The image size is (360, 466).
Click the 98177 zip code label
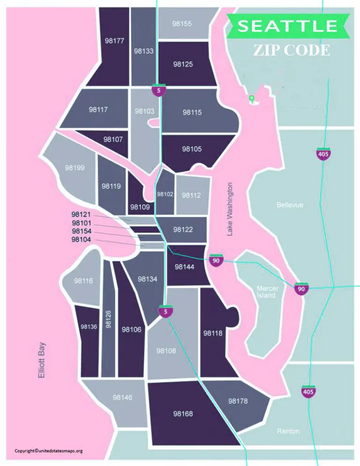click(114, 41)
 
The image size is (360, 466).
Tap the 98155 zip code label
click(181, 23)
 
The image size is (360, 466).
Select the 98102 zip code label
click(165, 194)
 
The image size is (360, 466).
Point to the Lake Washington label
click(230, 209)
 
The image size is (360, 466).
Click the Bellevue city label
click(290, 205)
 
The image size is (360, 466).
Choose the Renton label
click(288, 431)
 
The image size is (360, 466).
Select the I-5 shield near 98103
click(159, 90)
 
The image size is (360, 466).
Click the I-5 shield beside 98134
click(165, 311)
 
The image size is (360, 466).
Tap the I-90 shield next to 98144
click(216, 261)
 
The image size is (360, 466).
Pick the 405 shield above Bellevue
click(322, 154)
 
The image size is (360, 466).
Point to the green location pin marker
click(252, 98)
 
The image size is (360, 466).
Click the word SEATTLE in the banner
click(287, 26)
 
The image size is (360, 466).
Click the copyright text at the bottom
click(49, 451)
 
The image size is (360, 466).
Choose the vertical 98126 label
click(108, 319)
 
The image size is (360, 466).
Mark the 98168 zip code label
click(183, 414)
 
